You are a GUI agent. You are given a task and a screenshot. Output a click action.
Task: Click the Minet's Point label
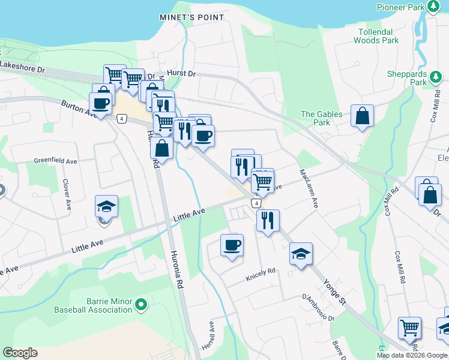pos(192,17)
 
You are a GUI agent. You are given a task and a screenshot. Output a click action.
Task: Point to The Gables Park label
pos(322,118)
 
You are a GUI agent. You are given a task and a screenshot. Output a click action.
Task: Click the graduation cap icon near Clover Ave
pos(106,207)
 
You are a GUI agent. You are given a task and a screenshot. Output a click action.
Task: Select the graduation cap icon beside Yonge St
pos(301,253)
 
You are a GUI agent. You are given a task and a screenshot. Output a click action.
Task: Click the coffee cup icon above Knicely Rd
pos(232,245)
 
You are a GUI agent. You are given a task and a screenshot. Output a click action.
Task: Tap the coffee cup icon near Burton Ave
pos(102,103)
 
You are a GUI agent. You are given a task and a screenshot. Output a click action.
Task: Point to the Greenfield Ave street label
pos(56,161)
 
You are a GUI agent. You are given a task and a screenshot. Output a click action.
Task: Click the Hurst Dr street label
pos(181,73)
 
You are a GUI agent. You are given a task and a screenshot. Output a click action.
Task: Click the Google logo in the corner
pos(20,353)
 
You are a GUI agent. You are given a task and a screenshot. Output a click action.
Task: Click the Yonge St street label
pos(335,291)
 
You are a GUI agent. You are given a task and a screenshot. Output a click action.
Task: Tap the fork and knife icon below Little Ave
pos(268,220)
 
